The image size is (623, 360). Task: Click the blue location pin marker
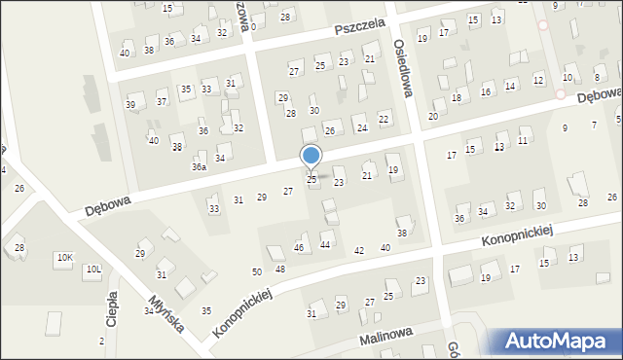(x=311, y=157)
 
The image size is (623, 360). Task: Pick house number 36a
(x=199, y=167)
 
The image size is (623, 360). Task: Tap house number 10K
(x=64, y=258)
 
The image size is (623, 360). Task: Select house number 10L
(x=93, y=269)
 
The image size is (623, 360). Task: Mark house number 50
(x=257, y=271)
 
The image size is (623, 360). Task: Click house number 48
(x=280, y=269)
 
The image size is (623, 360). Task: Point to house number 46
(x=300, y=249)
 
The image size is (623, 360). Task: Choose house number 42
(x=359, y=251)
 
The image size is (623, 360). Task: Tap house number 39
(x=130, y=104)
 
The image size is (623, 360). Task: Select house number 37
(x=162, y=101)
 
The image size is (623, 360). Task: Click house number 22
(x=384, y=119)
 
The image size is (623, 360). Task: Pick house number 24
(x=362, y=127)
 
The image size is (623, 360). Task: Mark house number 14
(x=510, y=86)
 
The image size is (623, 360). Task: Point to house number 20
(x=433, y=116)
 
